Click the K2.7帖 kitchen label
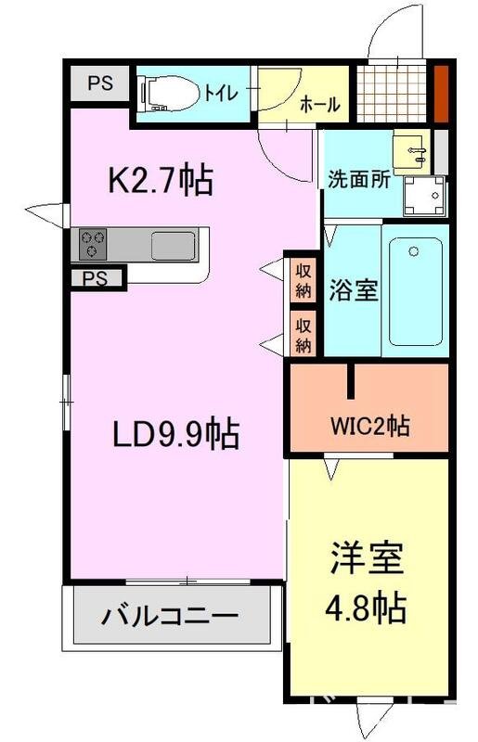point(161,180)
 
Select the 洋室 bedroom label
point(365,561)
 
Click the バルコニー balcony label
point(170,615)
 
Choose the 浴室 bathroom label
point(353,290)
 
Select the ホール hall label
point(319,105)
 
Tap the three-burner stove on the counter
point(93,244)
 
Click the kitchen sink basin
point(174,245)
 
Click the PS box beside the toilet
point(100,83)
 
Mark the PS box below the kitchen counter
point(94,277)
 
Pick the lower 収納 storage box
point(304,333)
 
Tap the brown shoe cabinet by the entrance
point(442,91)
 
